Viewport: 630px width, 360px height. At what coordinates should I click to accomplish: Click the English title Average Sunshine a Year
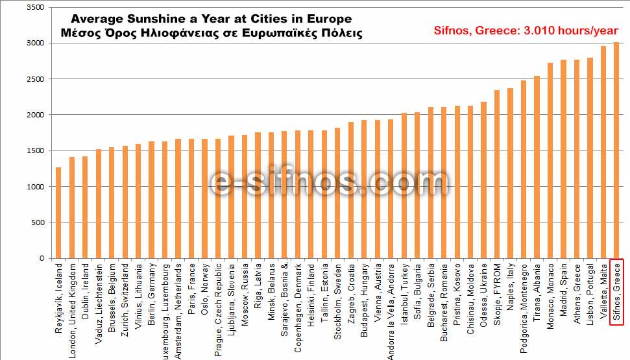click(211, 19)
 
